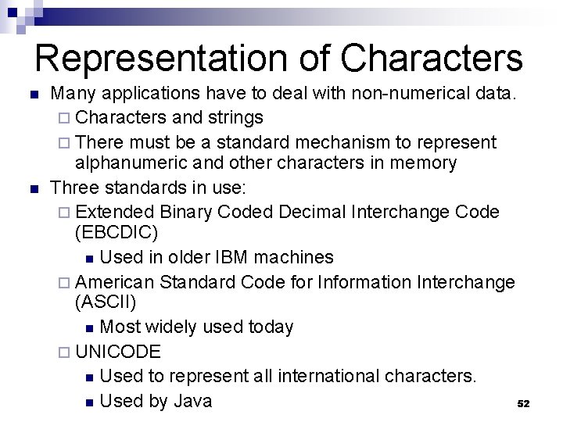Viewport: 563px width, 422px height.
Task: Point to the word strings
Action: pyautogui.click(x=235, y=118)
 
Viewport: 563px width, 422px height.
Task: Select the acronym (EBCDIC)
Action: pyautogui.click(x=117, y=233)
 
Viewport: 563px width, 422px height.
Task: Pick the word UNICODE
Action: pyautogui.click(x=119, y=352)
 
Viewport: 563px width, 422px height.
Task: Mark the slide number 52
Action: pyautogui.click(x=524, y=404)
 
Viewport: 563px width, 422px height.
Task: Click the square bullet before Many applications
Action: pyautogui.click(x=33, y=95)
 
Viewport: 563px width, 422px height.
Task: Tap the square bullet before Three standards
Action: pyautogui.click(x=33, y=188)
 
